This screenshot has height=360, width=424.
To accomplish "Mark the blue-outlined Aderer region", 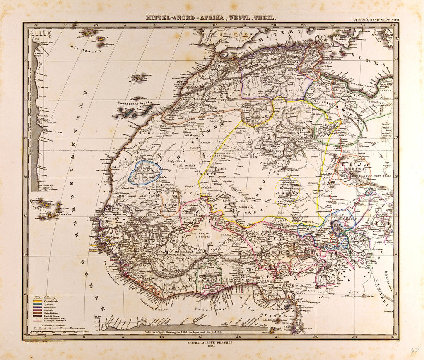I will click(x=145, y=172).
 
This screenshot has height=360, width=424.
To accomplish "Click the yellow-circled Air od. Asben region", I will click(x=289, y=190).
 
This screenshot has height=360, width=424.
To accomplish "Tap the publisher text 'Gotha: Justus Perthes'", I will click(x=212, y=343).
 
